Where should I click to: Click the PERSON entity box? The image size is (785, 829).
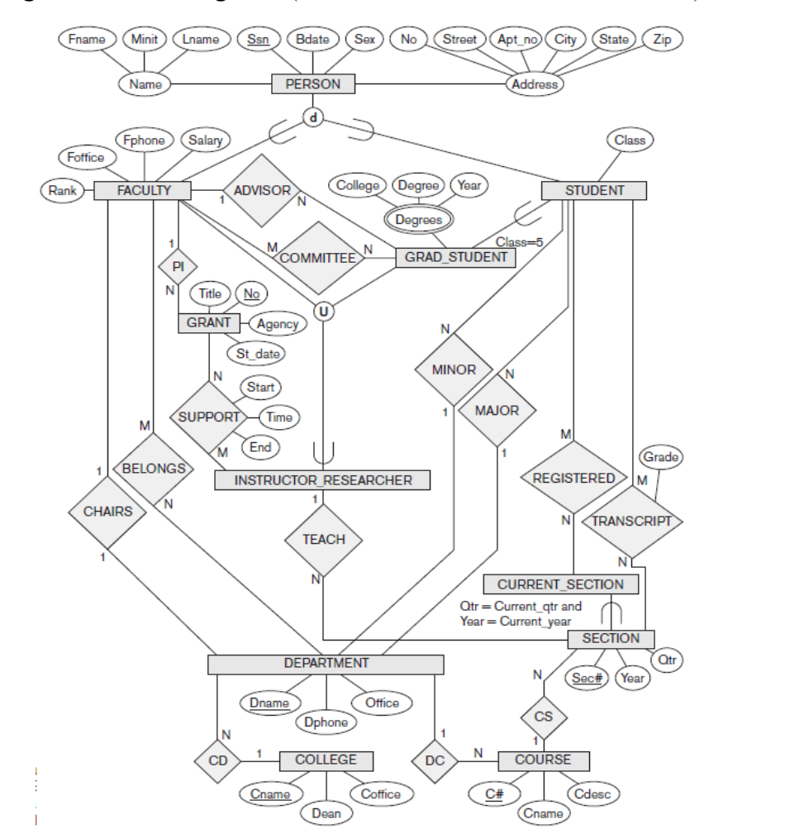[313, 83]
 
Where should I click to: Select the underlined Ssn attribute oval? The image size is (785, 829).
[259, 39]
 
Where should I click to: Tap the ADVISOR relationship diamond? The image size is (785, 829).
[262, 190]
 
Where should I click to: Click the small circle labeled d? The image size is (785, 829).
[312, 117]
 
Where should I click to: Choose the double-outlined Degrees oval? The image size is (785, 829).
[418, 219]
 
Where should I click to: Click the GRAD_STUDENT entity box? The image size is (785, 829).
[455, 257]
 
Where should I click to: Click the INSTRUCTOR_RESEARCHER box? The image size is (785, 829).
[323, 480]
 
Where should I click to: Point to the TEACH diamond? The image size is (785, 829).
[323, 540]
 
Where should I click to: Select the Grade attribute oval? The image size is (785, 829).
[661, 457]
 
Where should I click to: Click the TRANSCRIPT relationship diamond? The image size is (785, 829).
[632, 521]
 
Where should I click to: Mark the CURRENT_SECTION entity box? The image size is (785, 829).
[560, 584]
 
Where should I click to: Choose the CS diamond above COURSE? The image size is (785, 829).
[542, 716]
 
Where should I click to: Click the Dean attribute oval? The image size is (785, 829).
[326, 812]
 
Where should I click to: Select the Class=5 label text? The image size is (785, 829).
[519, 242]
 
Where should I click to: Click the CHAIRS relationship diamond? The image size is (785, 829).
[108, 511]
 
